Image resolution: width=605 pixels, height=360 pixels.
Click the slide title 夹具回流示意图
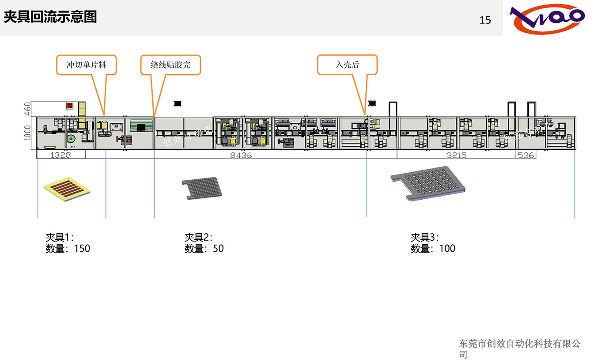[x=50, y=17]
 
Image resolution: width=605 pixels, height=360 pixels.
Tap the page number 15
[x=485, y=20]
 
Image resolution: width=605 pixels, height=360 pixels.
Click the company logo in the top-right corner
[x=547, y=19]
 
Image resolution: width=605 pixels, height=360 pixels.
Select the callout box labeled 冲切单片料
[x=86, y=65]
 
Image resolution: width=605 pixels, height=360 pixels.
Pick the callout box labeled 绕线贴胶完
[x=170, y=65]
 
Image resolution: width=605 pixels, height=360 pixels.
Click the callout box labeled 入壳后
[x=347, y=65]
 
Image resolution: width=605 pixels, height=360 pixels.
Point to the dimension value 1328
[x=60, y=155]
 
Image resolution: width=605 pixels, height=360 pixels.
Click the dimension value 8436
[x=241, y=155]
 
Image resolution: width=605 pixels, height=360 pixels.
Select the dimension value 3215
[x=457, y=155]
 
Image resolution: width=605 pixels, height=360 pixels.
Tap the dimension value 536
[x=526, y=155]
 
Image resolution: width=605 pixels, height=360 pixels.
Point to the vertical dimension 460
[x=27, y=109]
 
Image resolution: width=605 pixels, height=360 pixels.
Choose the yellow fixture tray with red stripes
[x=67, y=189]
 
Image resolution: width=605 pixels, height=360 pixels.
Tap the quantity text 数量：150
[x=68, y=249]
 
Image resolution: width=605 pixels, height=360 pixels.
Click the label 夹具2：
[x=198, y=237]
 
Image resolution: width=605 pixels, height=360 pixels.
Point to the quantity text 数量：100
[x=433, y=249]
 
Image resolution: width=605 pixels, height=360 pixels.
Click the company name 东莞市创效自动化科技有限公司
[x=519, y=349]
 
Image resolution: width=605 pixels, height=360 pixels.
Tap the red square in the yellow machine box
[x=70, y=106]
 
